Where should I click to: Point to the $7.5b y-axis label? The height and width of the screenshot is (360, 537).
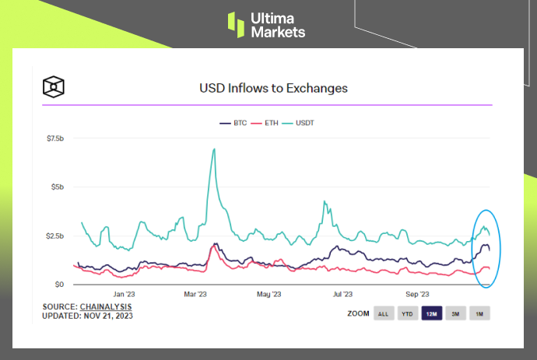55,138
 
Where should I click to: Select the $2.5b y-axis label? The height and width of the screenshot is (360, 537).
55,236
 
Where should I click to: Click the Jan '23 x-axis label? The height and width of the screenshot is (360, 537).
125,295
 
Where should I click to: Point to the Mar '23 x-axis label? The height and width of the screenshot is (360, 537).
195,295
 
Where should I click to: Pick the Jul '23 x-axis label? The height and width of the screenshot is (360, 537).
342,295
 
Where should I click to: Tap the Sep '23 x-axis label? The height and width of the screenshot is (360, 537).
417,295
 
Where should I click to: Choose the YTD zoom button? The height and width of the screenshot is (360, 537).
407,314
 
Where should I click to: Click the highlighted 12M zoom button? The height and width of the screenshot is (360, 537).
431,314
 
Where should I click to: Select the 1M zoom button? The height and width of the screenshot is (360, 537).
479,314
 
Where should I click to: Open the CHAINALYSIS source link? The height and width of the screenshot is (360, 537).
105,306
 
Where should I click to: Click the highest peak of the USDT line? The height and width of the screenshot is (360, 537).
213,149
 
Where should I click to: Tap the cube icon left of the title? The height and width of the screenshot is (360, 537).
54,86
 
